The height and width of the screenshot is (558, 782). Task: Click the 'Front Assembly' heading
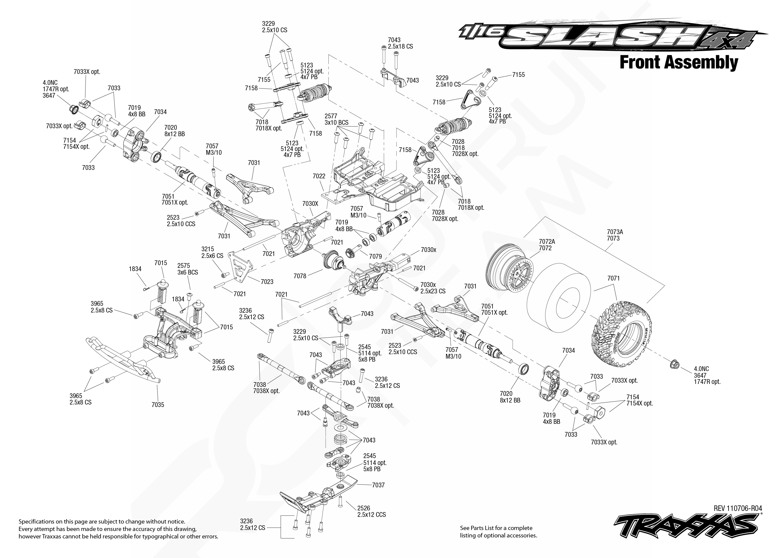[678, 63]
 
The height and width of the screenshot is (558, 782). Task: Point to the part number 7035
[158, 405]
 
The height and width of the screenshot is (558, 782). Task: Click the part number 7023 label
[267, 282]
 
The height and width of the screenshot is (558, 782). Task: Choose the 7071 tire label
[613, 278]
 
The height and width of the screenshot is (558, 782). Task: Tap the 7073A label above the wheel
[615, 232]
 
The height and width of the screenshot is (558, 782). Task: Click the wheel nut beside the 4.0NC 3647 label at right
[674, 364]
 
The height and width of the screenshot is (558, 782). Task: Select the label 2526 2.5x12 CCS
[371, 511]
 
